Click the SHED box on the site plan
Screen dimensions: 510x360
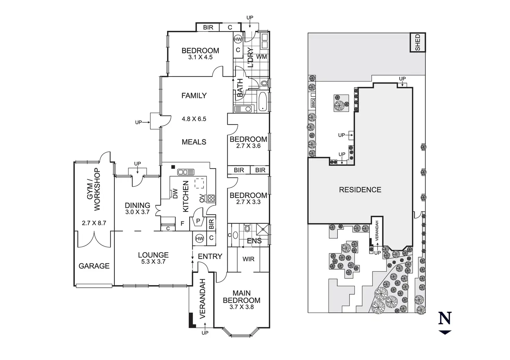417,42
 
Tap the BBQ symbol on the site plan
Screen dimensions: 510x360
313,103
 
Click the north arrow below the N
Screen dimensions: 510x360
445,332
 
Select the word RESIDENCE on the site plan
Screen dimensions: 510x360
360,190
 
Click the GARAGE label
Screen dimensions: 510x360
94,266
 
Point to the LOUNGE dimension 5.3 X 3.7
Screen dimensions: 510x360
153,262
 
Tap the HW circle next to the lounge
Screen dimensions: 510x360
199,238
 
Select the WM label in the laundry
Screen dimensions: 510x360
262,56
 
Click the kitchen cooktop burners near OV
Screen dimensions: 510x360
211,199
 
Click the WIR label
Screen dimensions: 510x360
248,259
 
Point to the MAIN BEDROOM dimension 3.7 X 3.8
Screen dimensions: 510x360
241,307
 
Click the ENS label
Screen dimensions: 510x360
254,241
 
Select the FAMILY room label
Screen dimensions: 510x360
194,96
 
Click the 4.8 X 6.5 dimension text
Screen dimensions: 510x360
194,119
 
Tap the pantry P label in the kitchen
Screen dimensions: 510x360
198,221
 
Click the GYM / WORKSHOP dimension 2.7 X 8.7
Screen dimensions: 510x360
94,223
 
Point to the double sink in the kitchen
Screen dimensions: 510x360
186,172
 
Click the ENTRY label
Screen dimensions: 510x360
210,256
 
